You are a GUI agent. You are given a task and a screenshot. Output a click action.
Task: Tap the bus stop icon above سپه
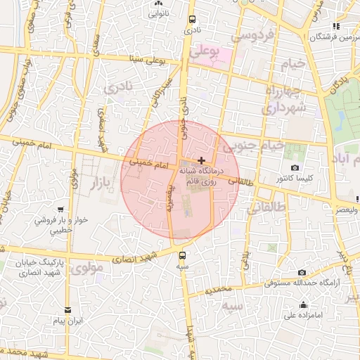(183, 255)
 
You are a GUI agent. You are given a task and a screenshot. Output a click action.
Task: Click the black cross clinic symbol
(202, 160)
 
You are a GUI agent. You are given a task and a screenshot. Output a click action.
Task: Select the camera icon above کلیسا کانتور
(295, 169)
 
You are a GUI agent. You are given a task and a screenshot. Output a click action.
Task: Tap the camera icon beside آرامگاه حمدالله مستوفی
(302, 272)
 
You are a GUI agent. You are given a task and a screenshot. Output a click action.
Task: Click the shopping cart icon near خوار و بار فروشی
(61, 210)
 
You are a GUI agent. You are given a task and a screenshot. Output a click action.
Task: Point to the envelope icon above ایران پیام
(68, 309)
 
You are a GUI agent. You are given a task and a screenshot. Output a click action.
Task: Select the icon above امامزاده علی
(303, 304)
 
